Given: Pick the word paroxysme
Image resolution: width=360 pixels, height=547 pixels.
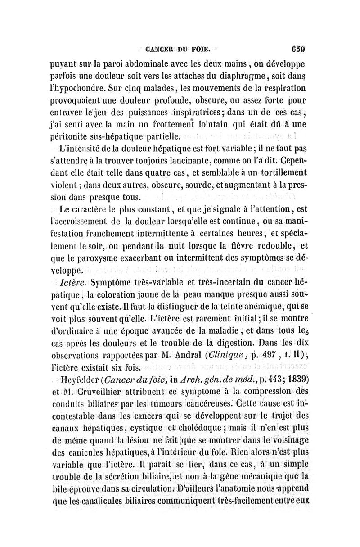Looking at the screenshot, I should pos(99,258).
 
